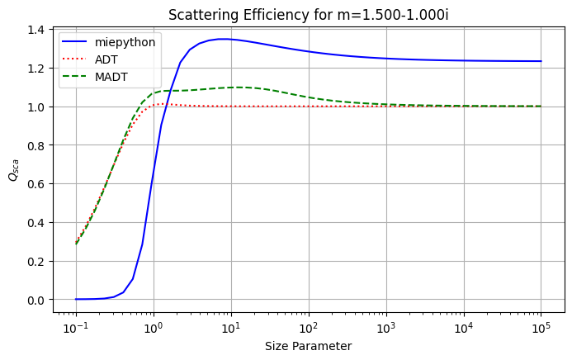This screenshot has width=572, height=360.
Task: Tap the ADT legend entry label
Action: point(106,59)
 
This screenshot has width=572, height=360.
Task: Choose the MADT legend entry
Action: point(111,77)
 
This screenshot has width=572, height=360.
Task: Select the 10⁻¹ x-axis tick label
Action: point(76,328)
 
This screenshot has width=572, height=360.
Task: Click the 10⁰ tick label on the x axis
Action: point(154,328)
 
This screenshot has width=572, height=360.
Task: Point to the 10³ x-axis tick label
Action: point(386,328)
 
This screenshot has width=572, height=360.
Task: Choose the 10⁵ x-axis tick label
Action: point(541,328)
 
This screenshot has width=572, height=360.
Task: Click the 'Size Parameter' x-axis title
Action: point(309,346)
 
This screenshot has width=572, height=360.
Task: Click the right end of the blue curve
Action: point(541,61)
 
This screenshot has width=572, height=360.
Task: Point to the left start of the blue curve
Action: point(76,299)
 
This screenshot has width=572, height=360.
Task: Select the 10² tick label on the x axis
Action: point(309,328)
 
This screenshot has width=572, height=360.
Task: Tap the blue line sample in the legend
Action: point(74,42)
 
